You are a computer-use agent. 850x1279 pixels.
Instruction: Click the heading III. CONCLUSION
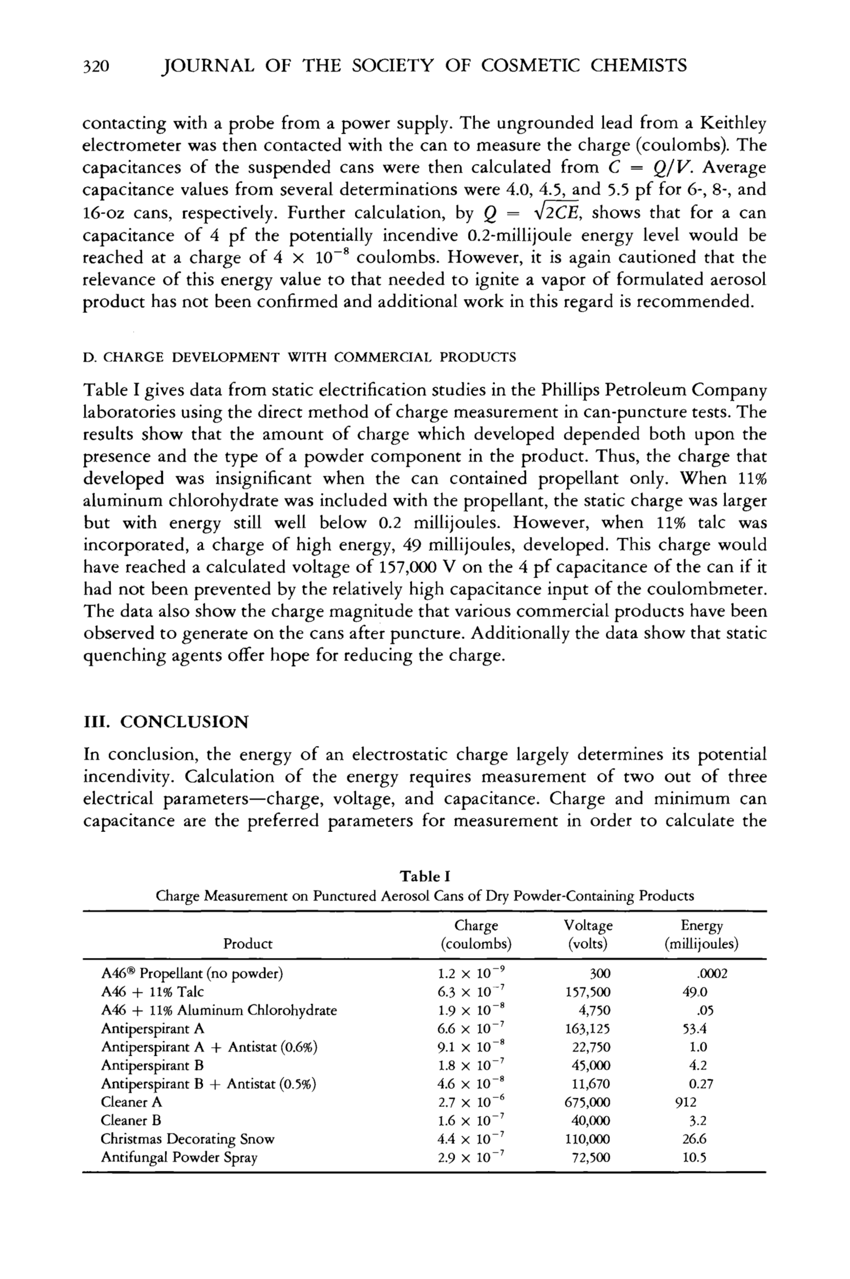tap(165, 722)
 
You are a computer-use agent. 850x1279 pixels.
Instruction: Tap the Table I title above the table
tap(425, 877)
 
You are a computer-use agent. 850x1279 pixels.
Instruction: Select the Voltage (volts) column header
tap(588, 934)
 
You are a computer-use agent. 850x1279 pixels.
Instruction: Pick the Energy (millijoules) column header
tap(702, 934)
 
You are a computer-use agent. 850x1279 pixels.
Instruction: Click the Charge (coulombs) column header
tap(476, 934)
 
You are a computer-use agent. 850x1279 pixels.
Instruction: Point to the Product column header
tap(248, 944)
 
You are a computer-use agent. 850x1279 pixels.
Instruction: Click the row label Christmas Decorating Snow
tap(187, 1139)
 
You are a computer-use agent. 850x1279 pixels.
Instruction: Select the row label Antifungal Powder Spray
tap(179, 1158)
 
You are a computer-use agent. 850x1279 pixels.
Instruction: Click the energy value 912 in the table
tap(686, 1102)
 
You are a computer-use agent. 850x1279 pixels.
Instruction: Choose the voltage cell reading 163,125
tap(587, 1029)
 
